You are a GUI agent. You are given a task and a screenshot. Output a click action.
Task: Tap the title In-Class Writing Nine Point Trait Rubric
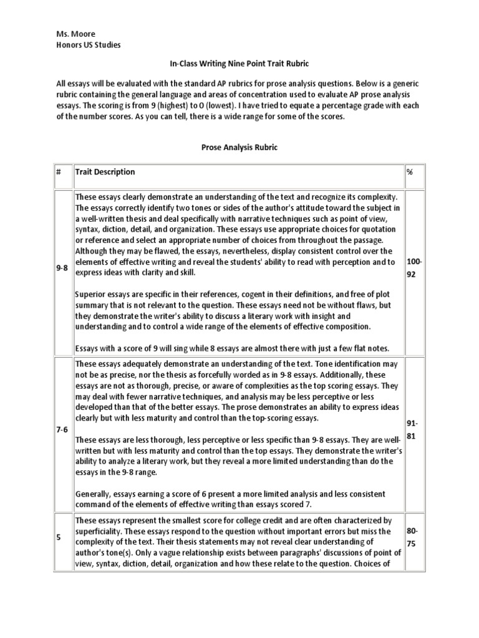239,64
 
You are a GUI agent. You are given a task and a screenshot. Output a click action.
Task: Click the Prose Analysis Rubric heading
239,147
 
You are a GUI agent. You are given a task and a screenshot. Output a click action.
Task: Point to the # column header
59,172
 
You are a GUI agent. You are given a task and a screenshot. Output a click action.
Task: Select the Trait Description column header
105,172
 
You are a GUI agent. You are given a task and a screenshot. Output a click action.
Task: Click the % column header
410,172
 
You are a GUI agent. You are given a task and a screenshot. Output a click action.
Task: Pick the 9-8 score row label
62,267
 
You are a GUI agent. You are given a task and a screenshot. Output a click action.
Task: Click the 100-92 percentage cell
415,267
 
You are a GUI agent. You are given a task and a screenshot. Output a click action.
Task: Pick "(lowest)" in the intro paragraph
251,105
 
